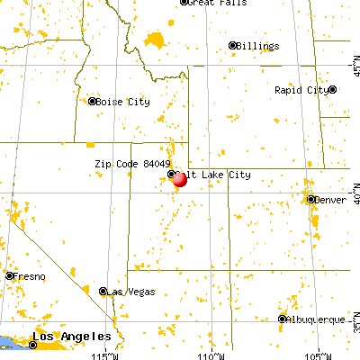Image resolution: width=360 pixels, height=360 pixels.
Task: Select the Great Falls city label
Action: (217, 4)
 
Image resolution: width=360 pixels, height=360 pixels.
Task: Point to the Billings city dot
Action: (232, 45)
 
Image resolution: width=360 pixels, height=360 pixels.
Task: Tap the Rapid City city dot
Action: (332, 89)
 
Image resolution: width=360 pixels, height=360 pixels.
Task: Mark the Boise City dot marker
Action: (92, 101)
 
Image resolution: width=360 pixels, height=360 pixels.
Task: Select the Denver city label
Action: (329, 199)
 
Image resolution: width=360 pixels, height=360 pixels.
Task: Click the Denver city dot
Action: (310, 199)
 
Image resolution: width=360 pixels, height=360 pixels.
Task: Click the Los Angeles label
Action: (63, 338)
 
